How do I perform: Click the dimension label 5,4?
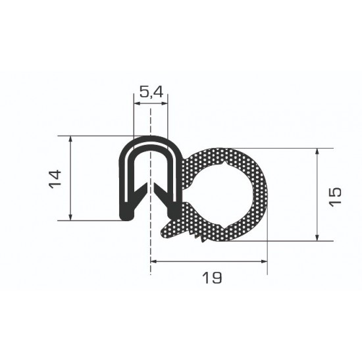(151, 92)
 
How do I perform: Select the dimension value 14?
(56, 178)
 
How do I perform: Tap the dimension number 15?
(335, 197)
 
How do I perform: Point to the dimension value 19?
(212, 278)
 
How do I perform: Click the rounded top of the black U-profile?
(150, 140)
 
